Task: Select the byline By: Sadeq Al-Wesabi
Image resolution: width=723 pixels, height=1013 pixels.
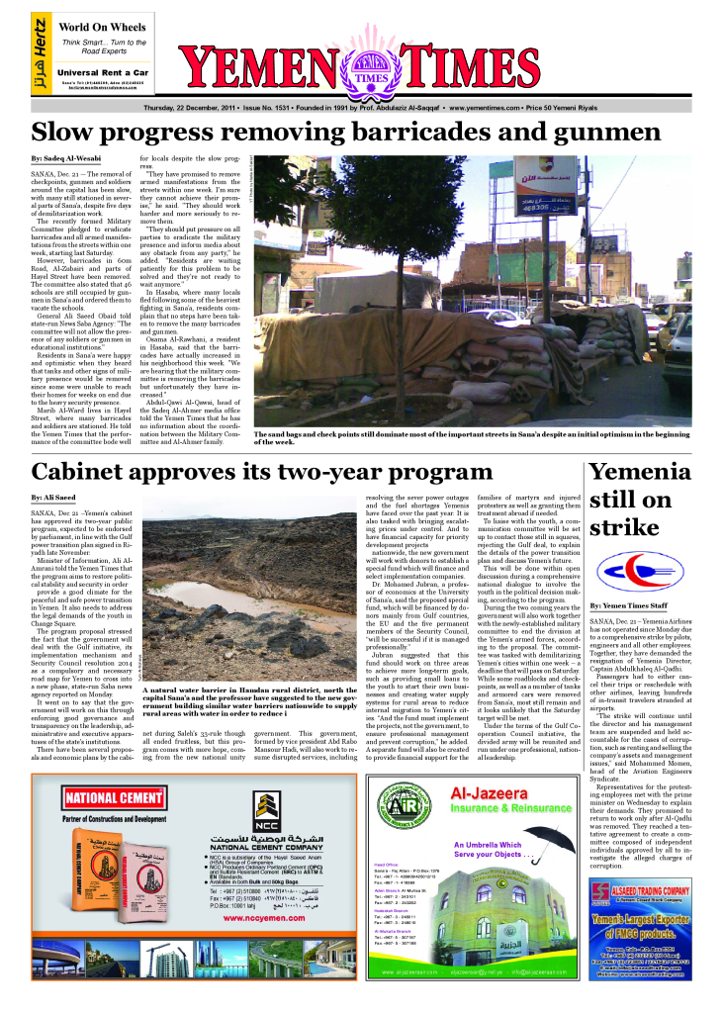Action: tap(64, 158)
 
